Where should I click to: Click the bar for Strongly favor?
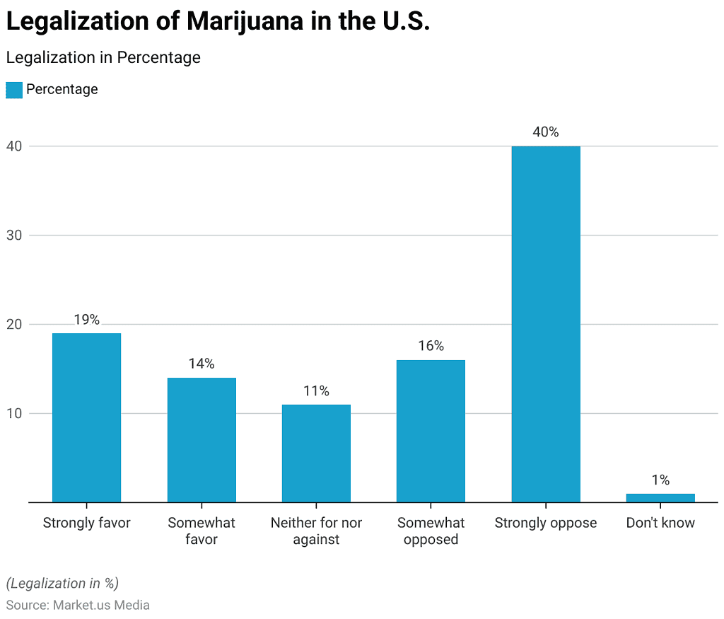pyautogui.click(x=86, y=417)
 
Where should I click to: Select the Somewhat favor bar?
pyautogui.click(x=202, y=440)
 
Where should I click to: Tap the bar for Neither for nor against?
pyautogui.click(x=316, y=453)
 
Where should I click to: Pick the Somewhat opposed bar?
pyautogui.click(x=431, y=431)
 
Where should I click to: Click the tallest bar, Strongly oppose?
pyautogui.click(x=546, y=324)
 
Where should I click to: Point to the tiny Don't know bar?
pyautogui.click(x=660, y=498)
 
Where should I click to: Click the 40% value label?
pyautogui.click(x=546, y=132)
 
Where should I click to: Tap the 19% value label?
pyautogui.click(x=86, y=320)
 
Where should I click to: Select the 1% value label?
pyautogui.click(x=660, y=480)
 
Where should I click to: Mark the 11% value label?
pyautogui.click(x=316, y=391)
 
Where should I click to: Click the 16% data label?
pyautogui.click(x=431, y=346)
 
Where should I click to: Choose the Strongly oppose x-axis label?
pyautogui.click(x=546, y=523)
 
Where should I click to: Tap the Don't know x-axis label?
pyautogui.click(x=660, y=523)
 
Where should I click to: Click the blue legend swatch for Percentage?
pyautogui.click(x=14, y=90)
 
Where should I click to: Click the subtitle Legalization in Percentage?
pyautogui.click(x=103, y=57)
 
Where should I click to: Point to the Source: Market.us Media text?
pyautogui.click(x=78, y=606)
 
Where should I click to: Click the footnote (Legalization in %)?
pyautogui.click(x=62, y=584)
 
